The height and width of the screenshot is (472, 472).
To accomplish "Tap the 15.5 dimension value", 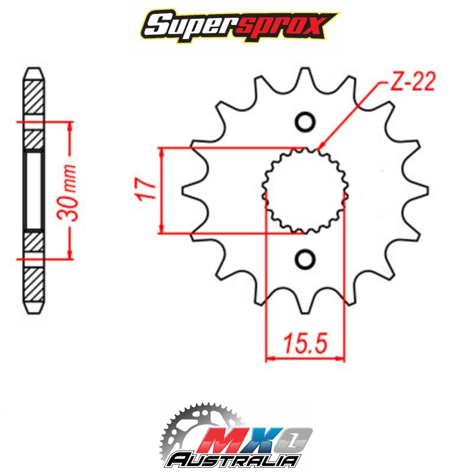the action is coord(304,343).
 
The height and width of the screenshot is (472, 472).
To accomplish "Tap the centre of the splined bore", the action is coord(305,191).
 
